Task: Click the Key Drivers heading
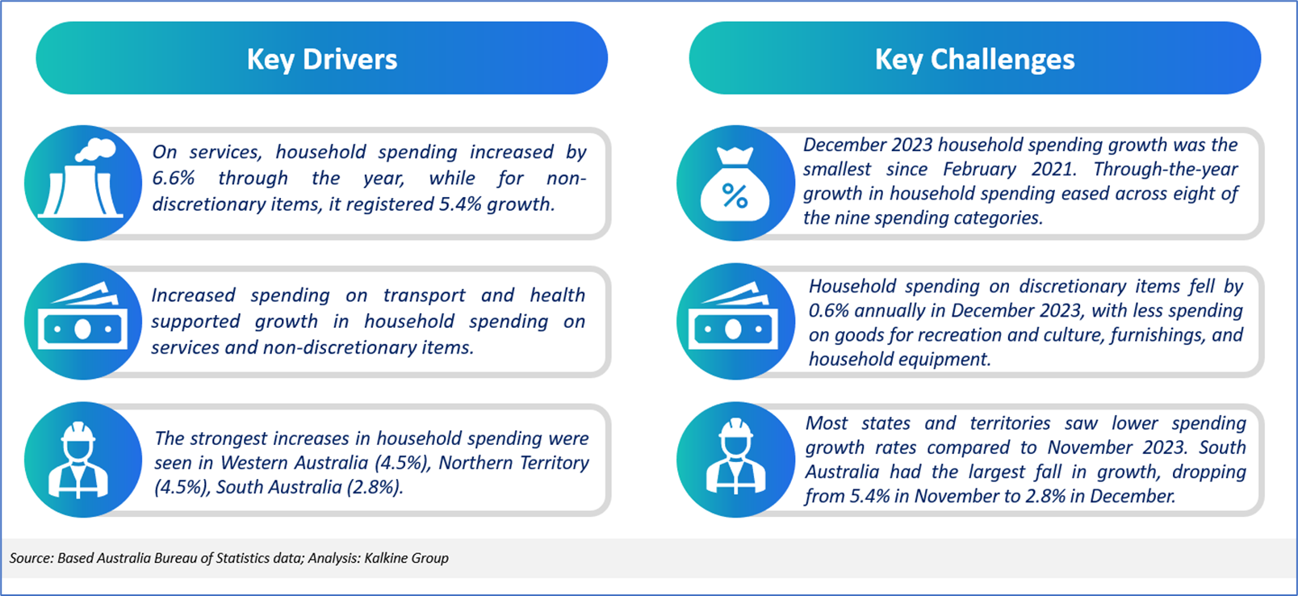click(322, 60)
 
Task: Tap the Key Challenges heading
click(974, 60)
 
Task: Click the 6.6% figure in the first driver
click(174, 178)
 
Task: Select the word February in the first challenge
click(979, 170)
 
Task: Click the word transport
click(424, 296)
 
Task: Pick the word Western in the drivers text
click(253, 463)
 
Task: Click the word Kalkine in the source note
click(385, 558)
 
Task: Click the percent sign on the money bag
click(735, 196)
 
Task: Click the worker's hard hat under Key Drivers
click(78, 432)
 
